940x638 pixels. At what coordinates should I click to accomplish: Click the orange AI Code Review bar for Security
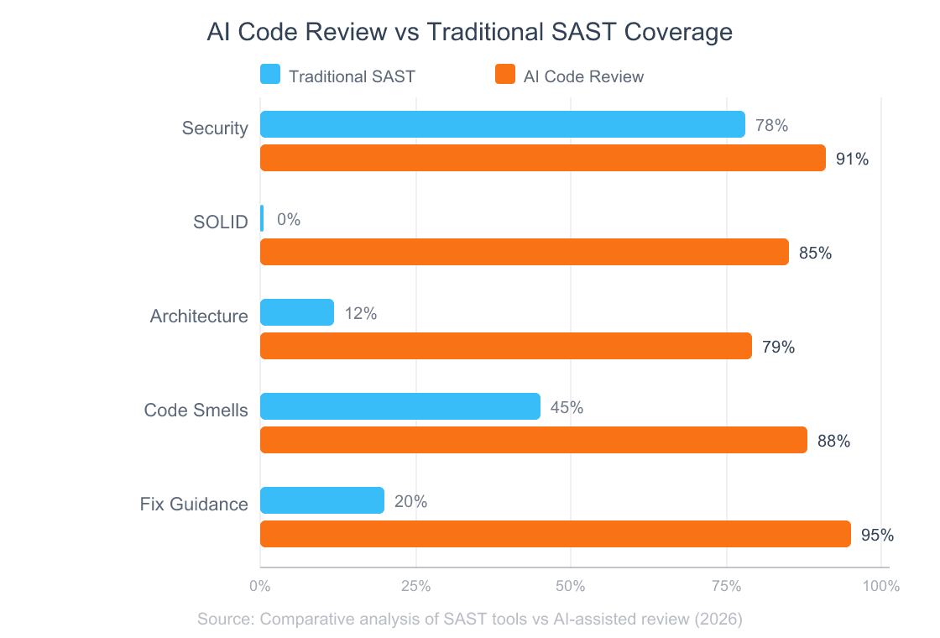[x=542, y=158]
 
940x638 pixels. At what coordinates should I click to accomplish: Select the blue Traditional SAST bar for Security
[x=502, y=124]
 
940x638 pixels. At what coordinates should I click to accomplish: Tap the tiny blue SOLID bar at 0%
[x=262, y=218]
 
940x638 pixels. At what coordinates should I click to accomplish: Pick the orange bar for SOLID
[x=524, y=252]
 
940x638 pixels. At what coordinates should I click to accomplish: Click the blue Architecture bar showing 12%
[x=296, y=312]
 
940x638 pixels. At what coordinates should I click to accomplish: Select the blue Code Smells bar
[x=399, y=406]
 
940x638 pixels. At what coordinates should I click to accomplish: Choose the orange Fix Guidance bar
[x=555, y=534]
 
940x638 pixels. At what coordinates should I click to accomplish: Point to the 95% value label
[x=877, y=535]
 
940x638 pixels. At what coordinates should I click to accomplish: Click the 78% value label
[x=771, y=125]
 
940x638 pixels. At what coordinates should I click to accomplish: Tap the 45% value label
[x=567, y=407]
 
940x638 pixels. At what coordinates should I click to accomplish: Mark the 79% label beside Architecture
[x=778, y=347]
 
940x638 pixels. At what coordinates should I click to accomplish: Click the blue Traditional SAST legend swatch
[x=270, y=75]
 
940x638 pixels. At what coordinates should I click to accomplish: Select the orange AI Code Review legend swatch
[x=505, y=75]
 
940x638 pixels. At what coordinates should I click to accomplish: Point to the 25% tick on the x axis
[x=415, y=586]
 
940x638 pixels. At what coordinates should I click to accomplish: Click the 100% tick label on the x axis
[x=880, y=586]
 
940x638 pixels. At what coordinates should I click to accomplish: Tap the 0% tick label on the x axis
[x=260, y=586]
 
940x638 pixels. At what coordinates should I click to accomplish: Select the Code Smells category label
[x=196, y=410]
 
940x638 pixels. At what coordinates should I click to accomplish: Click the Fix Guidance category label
[x=193, y=504]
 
